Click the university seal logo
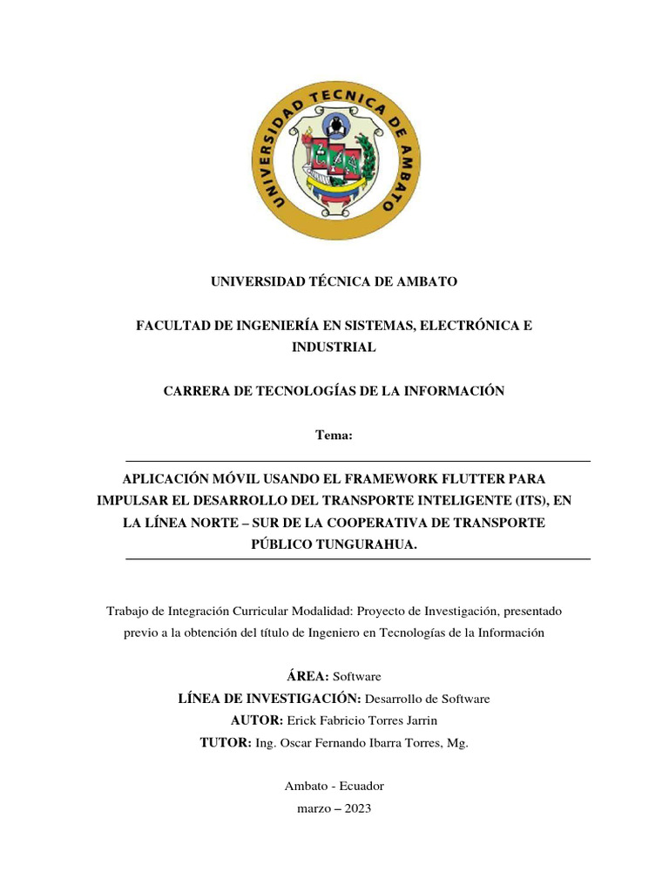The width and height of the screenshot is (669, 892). [334, 159]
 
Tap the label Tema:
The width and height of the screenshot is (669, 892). [334, 436]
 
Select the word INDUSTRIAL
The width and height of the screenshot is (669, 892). [334, 347]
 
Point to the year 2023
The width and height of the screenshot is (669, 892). [358, 808]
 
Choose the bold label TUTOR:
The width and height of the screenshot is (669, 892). [225, 743]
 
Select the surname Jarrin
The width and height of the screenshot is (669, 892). [419, 720]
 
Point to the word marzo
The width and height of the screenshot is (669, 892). [314, 808]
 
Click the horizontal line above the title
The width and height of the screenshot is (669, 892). [358, 461]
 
